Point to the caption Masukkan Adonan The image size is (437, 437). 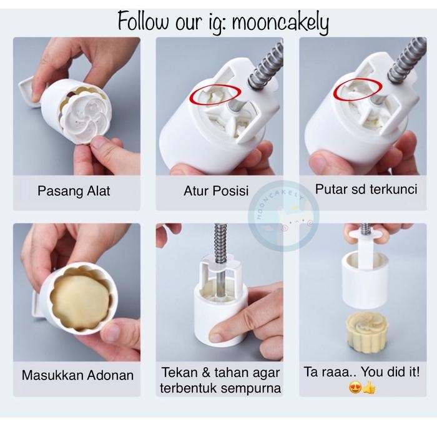(77, 376)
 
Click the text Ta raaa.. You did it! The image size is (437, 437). (361, 372)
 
